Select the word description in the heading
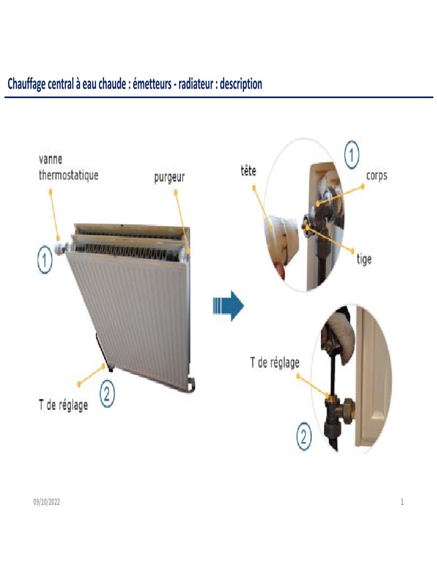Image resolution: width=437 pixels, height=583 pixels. click(241, 84)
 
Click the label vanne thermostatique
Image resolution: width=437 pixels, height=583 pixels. click(68, 167)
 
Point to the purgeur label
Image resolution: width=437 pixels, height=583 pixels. click(170, 178)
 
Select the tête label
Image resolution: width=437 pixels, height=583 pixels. click(248, 170)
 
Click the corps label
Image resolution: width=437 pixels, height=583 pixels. click(376, 175)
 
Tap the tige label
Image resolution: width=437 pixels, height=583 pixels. click(364, 259)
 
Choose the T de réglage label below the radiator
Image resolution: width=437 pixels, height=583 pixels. click(63, 405)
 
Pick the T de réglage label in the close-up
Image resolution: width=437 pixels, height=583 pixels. click(275, 362)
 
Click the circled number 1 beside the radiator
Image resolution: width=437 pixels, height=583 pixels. click(45, 261)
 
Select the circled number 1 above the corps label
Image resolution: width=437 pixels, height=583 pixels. click(352, 154)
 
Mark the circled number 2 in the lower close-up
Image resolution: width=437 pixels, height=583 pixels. click(304, 437)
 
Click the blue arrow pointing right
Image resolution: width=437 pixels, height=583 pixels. click(228, 306)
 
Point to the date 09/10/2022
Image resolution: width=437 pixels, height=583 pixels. click(46, 502)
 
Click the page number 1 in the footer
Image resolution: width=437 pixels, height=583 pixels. click(402, 502)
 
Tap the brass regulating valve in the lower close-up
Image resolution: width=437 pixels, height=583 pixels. click(336, 407)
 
